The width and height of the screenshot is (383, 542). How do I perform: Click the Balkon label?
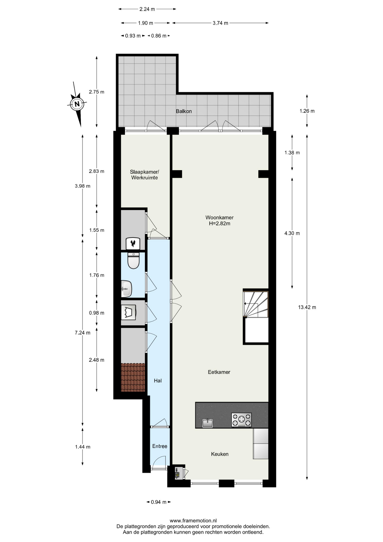pyautogui.click(x=184, y=111)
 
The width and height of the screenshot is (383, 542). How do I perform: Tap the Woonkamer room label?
pyautogui.click(x=219, y=217)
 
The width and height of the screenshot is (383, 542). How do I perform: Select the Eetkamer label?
pyautogui.click(x=219, y=372)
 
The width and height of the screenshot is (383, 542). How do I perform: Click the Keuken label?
pyautogui.click(x=220, y=454)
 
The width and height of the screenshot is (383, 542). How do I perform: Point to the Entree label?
pyautogui.click(x=160, y=446)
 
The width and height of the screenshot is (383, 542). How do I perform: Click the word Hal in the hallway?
pyautogui.click(x=158, y=381)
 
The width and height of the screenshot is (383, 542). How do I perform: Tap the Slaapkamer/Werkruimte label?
pyautogui.click(x=144, y=175)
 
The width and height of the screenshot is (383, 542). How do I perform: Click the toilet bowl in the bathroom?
pyautogui.click(x=133, y=260)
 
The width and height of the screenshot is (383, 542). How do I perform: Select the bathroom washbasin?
pyautogui.click(x=126, y=289)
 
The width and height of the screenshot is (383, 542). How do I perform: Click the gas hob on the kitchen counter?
pyautogui.click(x=241, y=420)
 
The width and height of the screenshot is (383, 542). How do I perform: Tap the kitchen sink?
pyautogui.click(x=208, y=423)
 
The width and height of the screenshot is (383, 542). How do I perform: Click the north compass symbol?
pyautogui.click(x=77, y=104)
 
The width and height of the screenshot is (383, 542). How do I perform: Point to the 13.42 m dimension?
pyautogui.click(x=307, y=307)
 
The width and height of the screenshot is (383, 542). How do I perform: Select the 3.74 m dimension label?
pyautogui.click(x=220, y=23)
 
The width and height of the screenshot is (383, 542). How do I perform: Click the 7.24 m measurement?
pyautogui.click(x=82, y=333)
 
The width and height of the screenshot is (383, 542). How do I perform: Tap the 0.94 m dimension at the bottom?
pyautogui.click(x=159, y=502)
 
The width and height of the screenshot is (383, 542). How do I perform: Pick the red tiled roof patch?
pyautogui.click(x=133, y=377)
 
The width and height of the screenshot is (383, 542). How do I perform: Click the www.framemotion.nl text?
pyautogui.click(x=193, y=521)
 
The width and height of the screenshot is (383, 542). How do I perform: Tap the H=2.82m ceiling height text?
pyautogui.click(x=219, y=224)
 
